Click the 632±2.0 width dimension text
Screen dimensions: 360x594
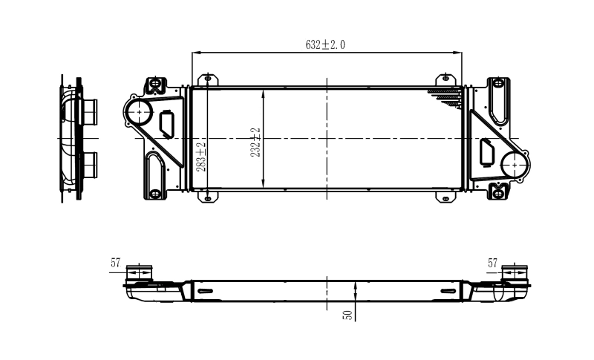[x=325, y=45]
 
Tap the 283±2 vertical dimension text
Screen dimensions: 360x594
[x=200, y=155]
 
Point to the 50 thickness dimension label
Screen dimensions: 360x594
[x=347, y=315]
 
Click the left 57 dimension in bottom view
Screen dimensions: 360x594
[x=116, y=263]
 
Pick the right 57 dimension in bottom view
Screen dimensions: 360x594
[x=492, y=263]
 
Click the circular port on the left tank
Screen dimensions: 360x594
[x=139, y=113]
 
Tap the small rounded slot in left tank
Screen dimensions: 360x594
[x=167, y=122]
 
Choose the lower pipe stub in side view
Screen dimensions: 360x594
[x=91, y=163]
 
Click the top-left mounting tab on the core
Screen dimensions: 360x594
[x=207, y=79]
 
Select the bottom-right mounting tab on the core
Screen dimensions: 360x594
[x=446, y=197]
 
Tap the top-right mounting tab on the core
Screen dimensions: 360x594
[x=446, y=79]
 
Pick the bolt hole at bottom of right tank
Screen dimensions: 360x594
[x=497, y=194]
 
